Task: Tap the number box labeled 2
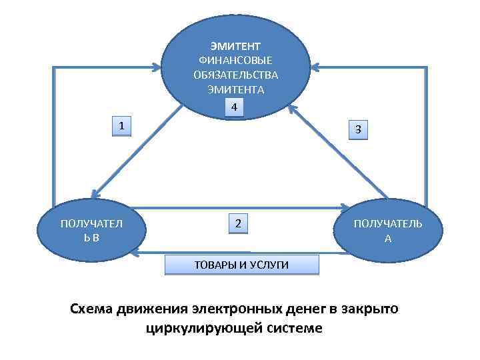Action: [238, 223]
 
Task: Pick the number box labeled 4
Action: [234, 107]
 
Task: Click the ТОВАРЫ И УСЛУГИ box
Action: [241, 265]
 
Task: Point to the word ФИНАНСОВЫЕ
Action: [235, 61]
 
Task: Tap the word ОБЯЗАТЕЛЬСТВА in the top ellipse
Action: [235, 75]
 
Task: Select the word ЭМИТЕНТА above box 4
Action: [235, 89]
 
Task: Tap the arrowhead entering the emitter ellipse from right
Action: [315, 67]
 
